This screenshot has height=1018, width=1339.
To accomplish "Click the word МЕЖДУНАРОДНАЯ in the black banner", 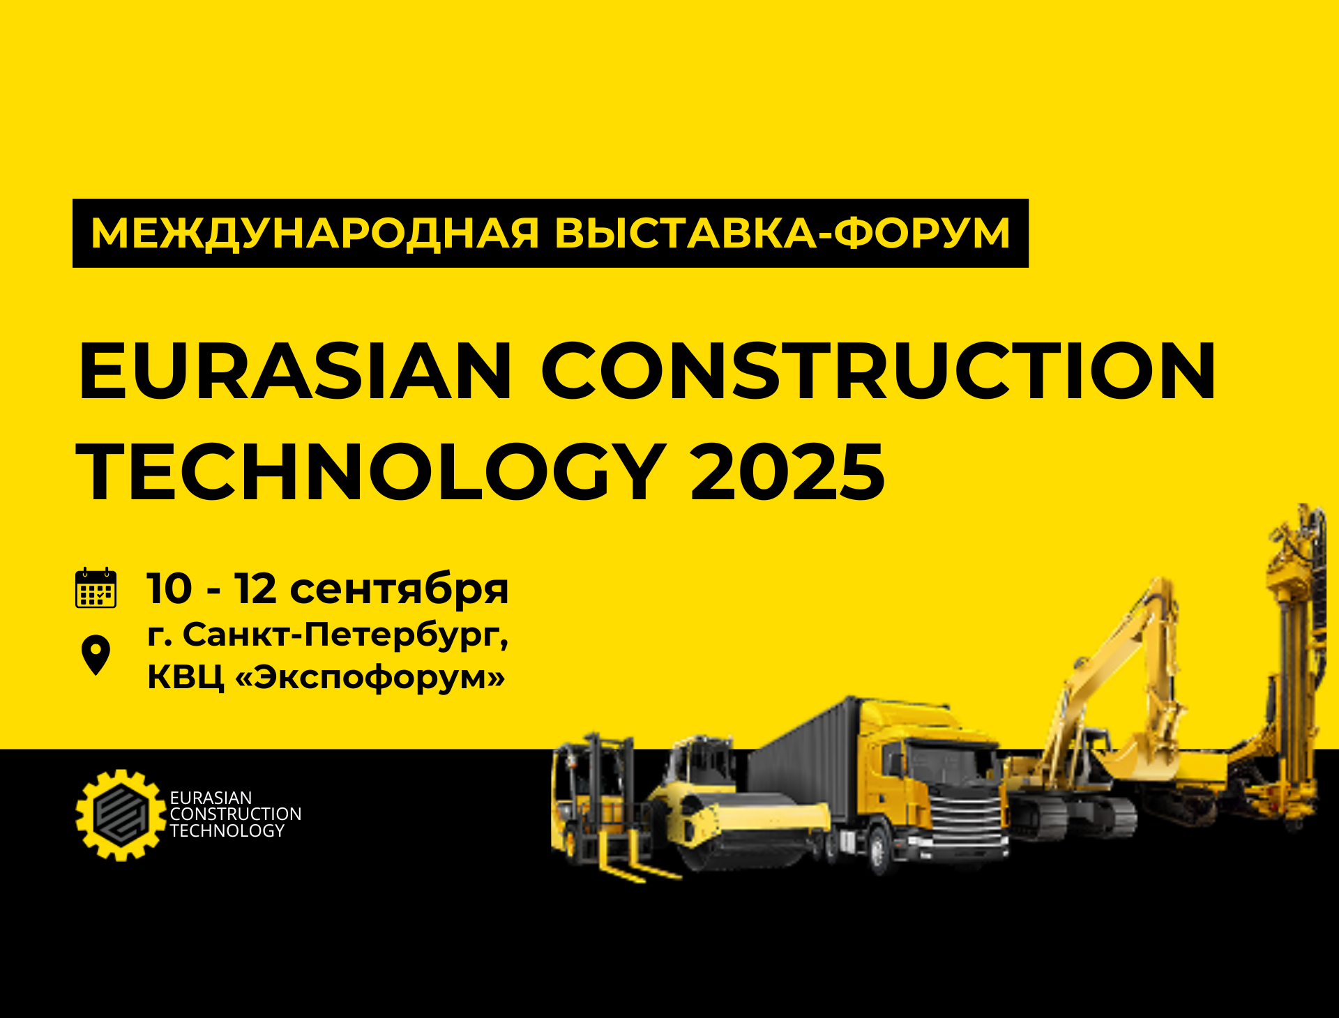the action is click(315, 233).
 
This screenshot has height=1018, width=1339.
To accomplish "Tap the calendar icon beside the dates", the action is click(96, 588).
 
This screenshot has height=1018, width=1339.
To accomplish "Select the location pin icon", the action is click(96, 655).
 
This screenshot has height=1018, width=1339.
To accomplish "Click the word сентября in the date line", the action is click(399, 590).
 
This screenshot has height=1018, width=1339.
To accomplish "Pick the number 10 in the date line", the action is click(169, 588).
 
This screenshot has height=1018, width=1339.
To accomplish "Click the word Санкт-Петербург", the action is click(345, 636).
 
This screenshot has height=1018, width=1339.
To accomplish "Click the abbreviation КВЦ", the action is click(186, 677).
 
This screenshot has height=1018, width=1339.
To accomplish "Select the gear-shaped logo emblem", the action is click(121, 814).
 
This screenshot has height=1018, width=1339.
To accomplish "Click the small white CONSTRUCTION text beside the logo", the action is click(236, 814).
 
